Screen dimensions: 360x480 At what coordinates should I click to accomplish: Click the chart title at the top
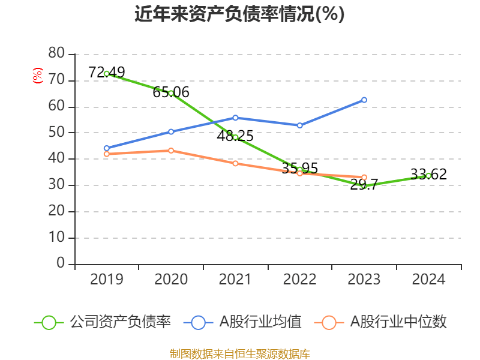pos(240,14)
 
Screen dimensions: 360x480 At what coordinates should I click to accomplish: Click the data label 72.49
pos(107,73)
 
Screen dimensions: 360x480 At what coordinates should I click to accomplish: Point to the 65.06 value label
pos(171,92)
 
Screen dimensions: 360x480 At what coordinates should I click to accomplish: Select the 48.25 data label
pos(235,136)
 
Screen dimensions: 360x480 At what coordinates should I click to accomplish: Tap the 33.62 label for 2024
pos(428,175)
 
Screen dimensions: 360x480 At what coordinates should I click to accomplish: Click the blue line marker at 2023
pos(364,100)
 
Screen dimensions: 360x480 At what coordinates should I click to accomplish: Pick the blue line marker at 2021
pos(235,118)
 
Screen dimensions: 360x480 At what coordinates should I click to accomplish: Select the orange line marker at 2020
pos(171,151)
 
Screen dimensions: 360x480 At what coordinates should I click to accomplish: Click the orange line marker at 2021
pos(235,163)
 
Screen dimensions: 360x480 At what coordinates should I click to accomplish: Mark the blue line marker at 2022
pos(300,125)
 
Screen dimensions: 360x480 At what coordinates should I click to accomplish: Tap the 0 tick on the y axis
pos(60,263)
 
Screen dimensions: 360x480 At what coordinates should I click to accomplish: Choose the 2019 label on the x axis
pos(107,280)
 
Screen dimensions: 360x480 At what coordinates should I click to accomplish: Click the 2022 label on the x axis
pos(300,280)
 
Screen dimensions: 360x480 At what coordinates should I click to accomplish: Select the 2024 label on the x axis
pos(428,280)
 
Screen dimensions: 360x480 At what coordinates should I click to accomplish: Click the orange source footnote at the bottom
pos(240,353)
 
